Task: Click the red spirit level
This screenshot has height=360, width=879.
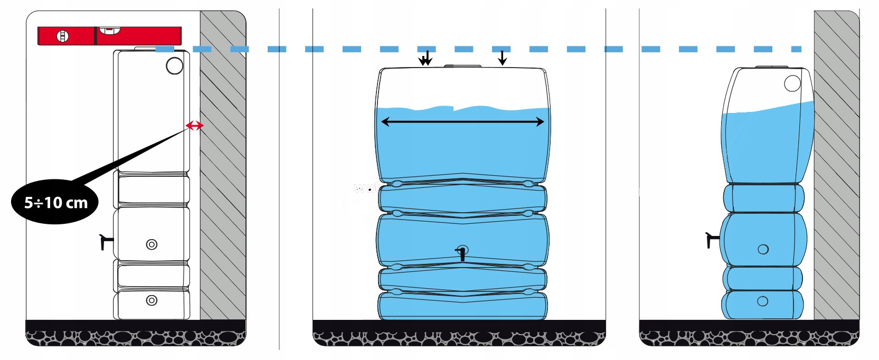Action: coord(109,36)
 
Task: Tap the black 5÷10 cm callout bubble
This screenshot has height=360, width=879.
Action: coord(55,202)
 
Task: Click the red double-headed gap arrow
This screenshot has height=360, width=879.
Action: coord(194,126)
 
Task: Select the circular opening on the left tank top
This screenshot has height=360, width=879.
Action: coord(174,66)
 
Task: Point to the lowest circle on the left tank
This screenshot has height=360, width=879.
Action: coord(152,300)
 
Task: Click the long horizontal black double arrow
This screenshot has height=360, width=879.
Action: coord(462,122)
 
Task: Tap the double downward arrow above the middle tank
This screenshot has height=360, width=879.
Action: coord(426,58)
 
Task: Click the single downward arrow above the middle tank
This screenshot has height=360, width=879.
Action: coord(502,58)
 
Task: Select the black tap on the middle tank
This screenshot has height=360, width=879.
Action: coord(462,254)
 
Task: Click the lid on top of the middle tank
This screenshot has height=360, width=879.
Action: coord(462,66)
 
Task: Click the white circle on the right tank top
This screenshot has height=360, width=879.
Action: coord(792,83)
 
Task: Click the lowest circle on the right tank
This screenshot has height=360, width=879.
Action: coord(762,301)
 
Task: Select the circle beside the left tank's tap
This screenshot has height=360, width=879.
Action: coord(152,244)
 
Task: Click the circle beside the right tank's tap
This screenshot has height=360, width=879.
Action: coord(763,249)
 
